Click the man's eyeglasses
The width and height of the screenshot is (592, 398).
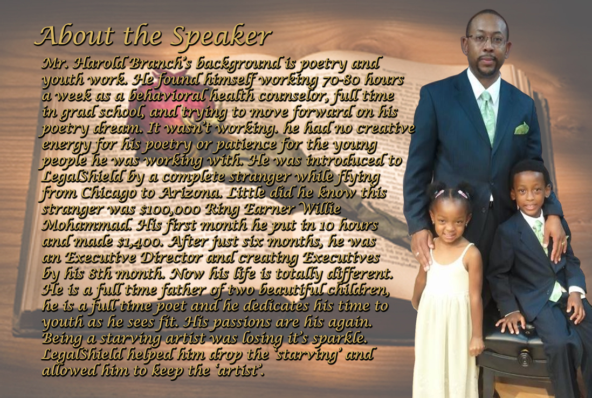pos(486,39)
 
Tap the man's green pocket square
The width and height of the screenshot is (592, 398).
pos(521,128)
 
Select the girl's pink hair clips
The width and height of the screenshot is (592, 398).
pos(451,194)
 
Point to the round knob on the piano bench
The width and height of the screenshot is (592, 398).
pos(524,357)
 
